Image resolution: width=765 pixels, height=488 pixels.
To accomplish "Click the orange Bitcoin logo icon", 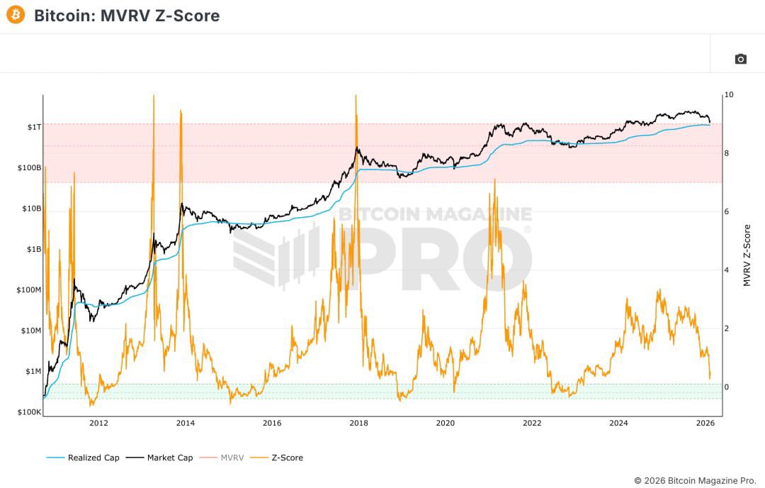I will point(16,15).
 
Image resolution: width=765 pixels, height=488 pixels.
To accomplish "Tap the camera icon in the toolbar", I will point(740,59).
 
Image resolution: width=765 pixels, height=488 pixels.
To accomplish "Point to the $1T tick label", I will point(34,127).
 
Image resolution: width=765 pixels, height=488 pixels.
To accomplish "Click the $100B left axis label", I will point(30,168).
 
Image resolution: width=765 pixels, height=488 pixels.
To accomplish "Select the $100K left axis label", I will point(30,412).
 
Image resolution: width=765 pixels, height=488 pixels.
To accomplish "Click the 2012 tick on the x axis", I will point(98,423).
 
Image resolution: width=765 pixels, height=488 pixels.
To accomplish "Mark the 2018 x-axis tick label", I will point(358,423).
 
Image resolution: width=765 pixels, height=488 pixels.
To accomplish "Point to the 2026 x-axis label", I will point(705,423).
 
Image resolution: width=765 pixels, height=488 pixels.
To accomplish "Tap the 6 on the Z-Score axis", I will point(727,211).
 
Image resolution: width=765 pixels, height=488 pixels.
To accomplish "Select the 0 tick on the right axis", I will point(727,387).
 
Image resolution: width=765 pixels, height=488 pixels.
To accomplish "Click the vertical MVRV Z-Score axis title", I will point(747,255).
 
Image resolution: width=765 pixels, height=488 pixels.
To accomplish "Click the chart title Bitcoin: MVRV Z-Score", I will point(127,16).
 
